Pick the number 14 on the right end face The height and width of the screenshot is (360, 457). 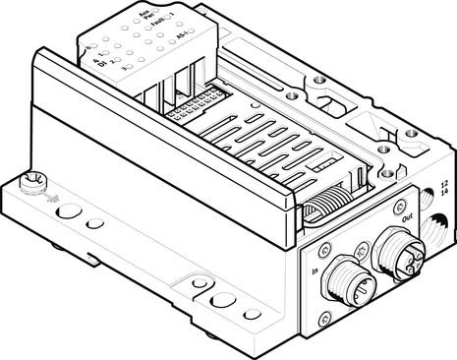click(x=444, y=197)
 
